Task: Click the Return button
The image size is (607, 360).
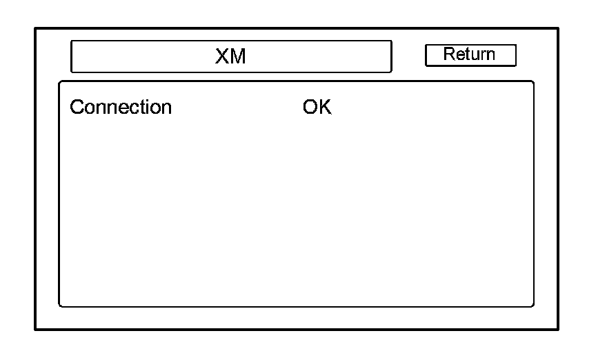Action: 470,55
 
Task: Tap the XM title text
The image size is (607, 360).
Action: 230,57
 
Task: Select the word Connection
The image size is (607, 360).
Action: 121,108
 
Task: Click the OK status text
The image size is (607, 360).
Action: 317,108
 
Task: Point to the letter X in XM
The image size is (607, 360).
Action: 222,57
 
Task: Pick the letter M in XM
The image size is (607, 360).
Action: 238,57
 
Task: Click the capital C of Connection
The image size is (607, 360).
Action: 76,108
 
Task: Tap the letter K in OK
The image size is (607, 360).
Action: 325,108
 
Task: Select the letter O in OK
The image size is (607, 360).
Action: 310,108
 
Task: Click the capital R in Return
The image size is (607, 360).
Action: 448,54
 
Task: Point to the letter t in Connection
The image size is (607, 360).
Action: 141,108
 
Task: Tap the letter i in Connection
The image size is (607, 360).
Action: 146,108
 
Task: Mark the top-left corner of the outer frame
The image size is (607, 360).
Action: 36,29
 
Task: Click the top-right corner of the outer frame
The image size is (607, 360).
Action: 557,29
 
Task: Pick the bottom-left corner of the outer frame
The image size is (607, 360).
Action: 36,330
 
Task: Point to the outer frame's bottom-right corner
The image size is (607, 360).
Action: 557,330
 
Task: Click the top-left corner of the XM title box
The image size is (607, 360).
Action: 72,41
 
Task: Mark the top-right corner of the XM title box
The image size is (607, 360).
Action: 391,41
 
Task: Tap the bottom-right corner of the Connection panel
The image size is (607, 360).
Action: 533,306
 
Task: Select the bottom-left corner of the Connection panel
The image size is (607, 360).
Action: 59,306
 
